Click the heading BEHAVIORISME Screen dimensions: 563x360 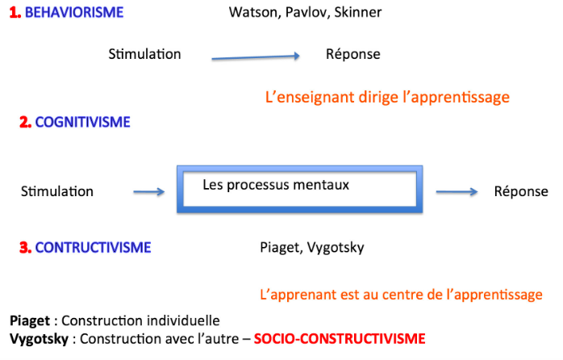(x=74, y=13)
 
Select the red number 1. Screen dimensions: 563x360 (x=15, y=13)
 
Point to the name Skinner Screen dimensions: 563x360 (x=358, y=13)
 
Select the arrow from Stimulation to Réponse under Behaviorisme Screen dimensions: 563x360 (x=256, y=57)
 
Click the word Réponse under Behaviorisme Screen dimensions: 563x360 (x=353, y=54)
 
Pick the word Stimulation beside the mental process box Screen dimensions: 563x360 (x=57, y=191)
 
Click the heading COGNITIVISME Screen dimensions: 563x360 (x=82, y=122)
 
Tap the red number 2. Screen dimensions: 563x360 (x=26, y=122)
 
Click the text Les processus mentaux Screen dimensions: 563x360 (x=276, y=185)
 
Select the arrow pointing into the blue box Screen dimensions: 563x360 (x=149, y=192)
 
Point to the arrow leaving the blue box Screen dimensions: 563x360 (x=457, y=192)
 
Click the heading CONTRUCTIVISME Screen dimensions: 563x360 (x=93, y=248)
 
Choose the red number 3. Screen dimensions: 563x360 (x=26, y=248)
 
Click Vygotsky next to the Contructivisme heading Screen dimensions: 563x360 (x=336, y=248)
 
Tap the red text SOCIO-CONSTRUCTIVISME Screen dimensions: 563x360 (x=340, y=339)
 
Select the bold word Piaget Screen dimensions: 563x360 (x=30, y=320)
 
